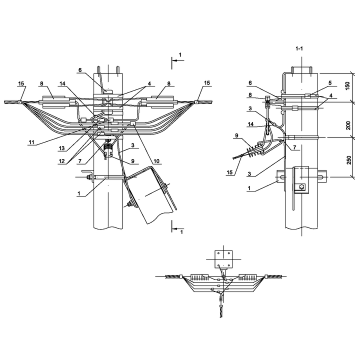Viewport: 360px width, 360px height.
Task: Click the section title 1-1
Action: pyautogui.click(x=299, y=48)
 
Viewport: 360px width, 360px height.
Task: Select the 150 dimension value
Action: pyautogui.click(x=348, y=86)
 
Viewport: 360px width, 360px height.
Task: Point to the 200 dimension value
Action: pyautogui.click(x=348, y=125)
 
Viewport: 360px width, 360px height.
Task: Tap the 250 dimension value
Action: pyautogui.click(x=349, y=160)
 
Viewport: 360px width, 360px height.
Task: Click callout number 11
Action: pyautogui.click(x=31, y=142)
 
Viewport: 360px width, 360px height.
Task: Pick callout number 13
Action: pyautogui.click(x=61, y=148)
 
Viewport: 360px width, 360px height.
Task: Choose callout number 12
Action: pyautogui.click(x=61, y=161)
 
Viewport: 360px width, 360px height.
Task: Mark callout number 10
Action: pyautogui.click(x=156, y=161)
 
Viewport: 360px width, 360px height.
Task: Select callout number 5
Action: pyautogui.click(x=330, y=83)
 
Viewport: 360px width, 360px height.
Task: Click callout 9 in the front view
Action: pyautogui.click(x=132, y=161)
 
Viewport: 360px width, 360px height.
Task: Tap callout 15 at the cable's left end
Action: pyautogui.click(x=21, y=83)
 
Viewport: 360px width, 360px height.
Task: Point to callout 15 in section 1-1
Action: pyautogui.click(x=229, y=172)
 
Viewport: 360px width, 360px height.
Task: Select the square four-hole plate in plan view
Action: pyautogui.click(x=223, y=259)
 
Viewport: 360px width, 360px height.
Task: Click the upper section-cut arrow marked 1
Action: pyautogui.click(x=178, y=60)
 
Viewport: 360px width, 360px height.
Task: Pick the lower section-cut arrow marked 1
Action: pyautogui.click(x=178, y=228)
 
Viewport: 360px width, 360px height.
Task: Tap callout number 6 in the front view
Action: pyautogui.click(x=80, y=70)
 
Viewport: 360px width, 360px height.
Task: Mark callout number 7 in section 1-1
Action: pyautogui.click(x=294, y=147)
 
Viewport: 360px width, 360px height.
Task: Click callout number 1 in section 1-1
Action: pyautogui.click(x=249, y=188)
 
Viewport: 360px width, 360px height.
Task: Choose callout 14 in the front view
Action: pyautogui.click(x=62, y=83)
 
